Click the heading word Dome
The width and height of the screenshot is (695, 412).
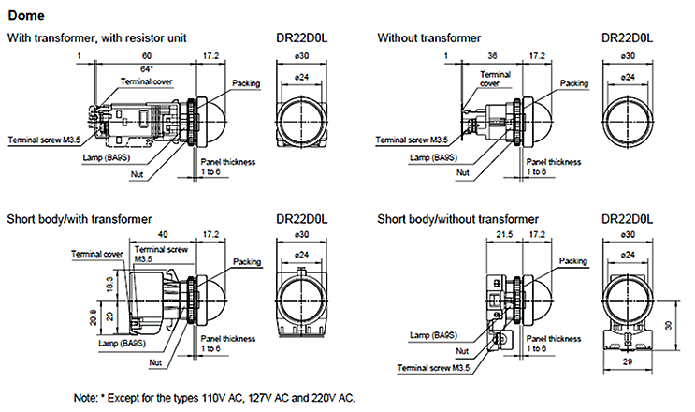[25, 16]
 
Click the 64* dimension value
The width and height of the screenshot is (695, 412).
[147, 69]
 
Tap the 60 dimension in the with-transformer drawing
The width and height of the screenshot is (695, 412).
[147, 57]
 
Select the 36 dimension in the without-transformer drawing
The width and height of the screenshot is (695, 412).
[492, 57]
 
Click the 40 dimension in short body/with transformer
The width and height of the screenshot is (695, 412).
[165, 235]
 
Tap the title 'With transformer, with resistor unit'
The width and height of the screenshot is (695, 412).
[97, 38]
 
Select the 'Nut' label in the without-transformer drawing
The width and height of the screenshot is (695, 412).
[461, 172]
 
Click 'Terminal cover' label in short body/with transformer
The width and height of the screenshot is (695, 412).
[101, 254]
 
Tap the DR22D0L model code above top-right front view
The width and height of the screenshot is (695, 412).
[629, 38]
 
